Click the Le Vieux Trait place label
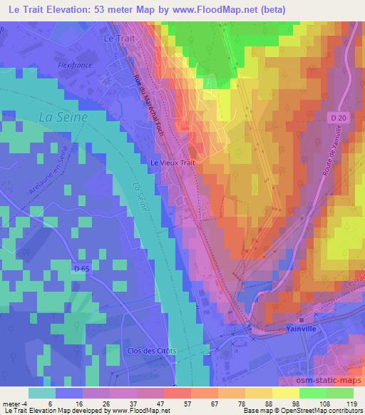[x=172, y=163]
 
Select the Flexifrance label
[x=76, y=64]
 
